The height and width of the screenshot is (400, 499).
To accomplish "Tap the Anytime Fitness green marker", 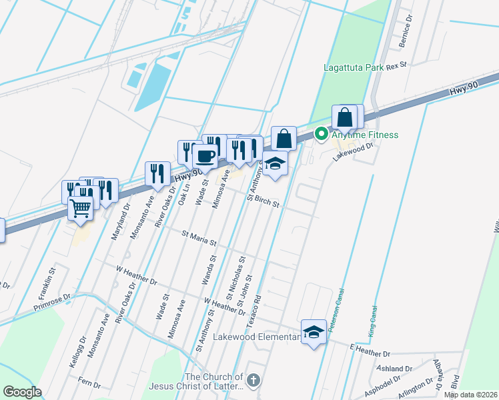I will [321, 134].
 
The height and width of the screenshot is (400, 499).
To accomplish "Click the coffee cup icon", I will [205, 157].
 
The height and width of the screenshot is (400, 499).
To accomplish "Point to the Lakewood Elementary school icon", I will [313, 331].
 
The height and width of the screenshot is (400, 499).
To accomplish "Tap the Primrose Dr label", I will [51, 303].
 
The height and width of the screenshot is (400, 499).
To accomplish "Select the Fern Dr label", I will [89, 385].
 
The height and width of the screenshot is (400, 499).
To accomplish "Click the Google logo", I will [22, 392].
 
